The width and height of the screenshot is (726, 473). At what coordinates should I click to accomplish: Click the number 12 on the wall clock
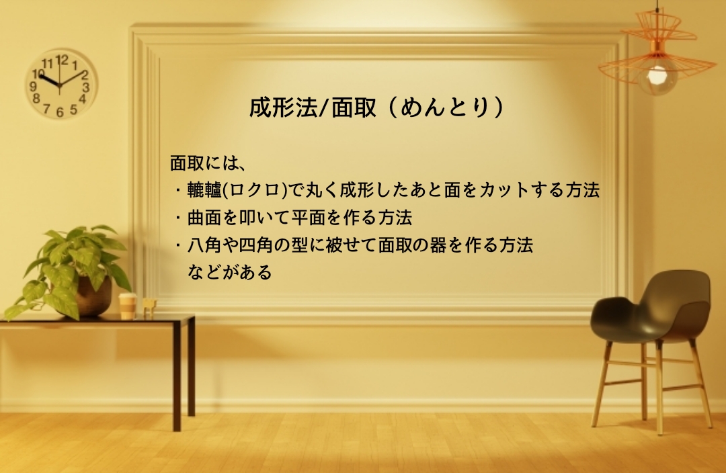(x=62, y=60)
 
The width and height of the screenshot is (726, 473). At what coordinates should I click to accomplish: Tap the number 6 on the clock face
(x=60, y=112)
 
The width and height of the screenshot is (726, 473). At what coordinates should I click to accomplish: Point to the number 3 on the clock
(x=85, y=87)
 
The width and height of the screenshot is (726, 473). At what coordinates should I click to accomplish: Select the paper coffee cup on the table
(x=127, y=306)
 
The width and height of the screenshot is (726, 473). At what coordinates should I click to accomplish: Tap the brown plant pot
(x=94, y=296)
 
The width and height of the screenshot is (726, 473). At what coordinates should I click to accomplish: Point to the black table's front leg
(x=177, y=376)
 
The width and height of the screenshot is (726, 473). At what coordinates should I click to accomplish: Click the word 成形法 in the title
(x=284, y=107)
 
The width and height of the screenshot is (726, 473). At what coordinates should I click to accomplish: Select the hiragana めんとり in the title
(x=444, y=107)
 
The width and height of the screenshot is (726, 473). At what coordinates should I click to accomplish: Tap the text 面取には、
(x=207, y=163)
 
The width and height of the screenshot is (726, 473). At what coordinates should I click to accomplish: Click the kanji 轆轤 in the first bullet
(x=204, y=190)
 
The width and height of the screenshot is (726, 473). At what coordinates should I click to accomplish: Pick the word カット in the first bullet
(x=504, y=190)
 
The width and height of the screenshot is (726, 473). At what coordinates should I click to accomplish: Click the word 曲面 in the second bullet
(x=204, y=218)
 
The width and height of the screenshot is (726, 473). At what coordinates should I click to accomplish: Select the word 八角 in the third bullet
(x=204, y=245)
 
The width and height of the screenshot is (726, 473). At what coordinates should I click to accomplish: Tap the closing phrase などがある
(x=230, y=272)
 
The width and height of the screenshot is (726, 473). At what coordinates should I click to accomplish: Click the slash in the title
(x=323, y=108)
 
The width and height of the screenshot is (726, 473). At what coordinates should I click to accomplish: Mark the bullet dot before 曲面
(x=177, y=218)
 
